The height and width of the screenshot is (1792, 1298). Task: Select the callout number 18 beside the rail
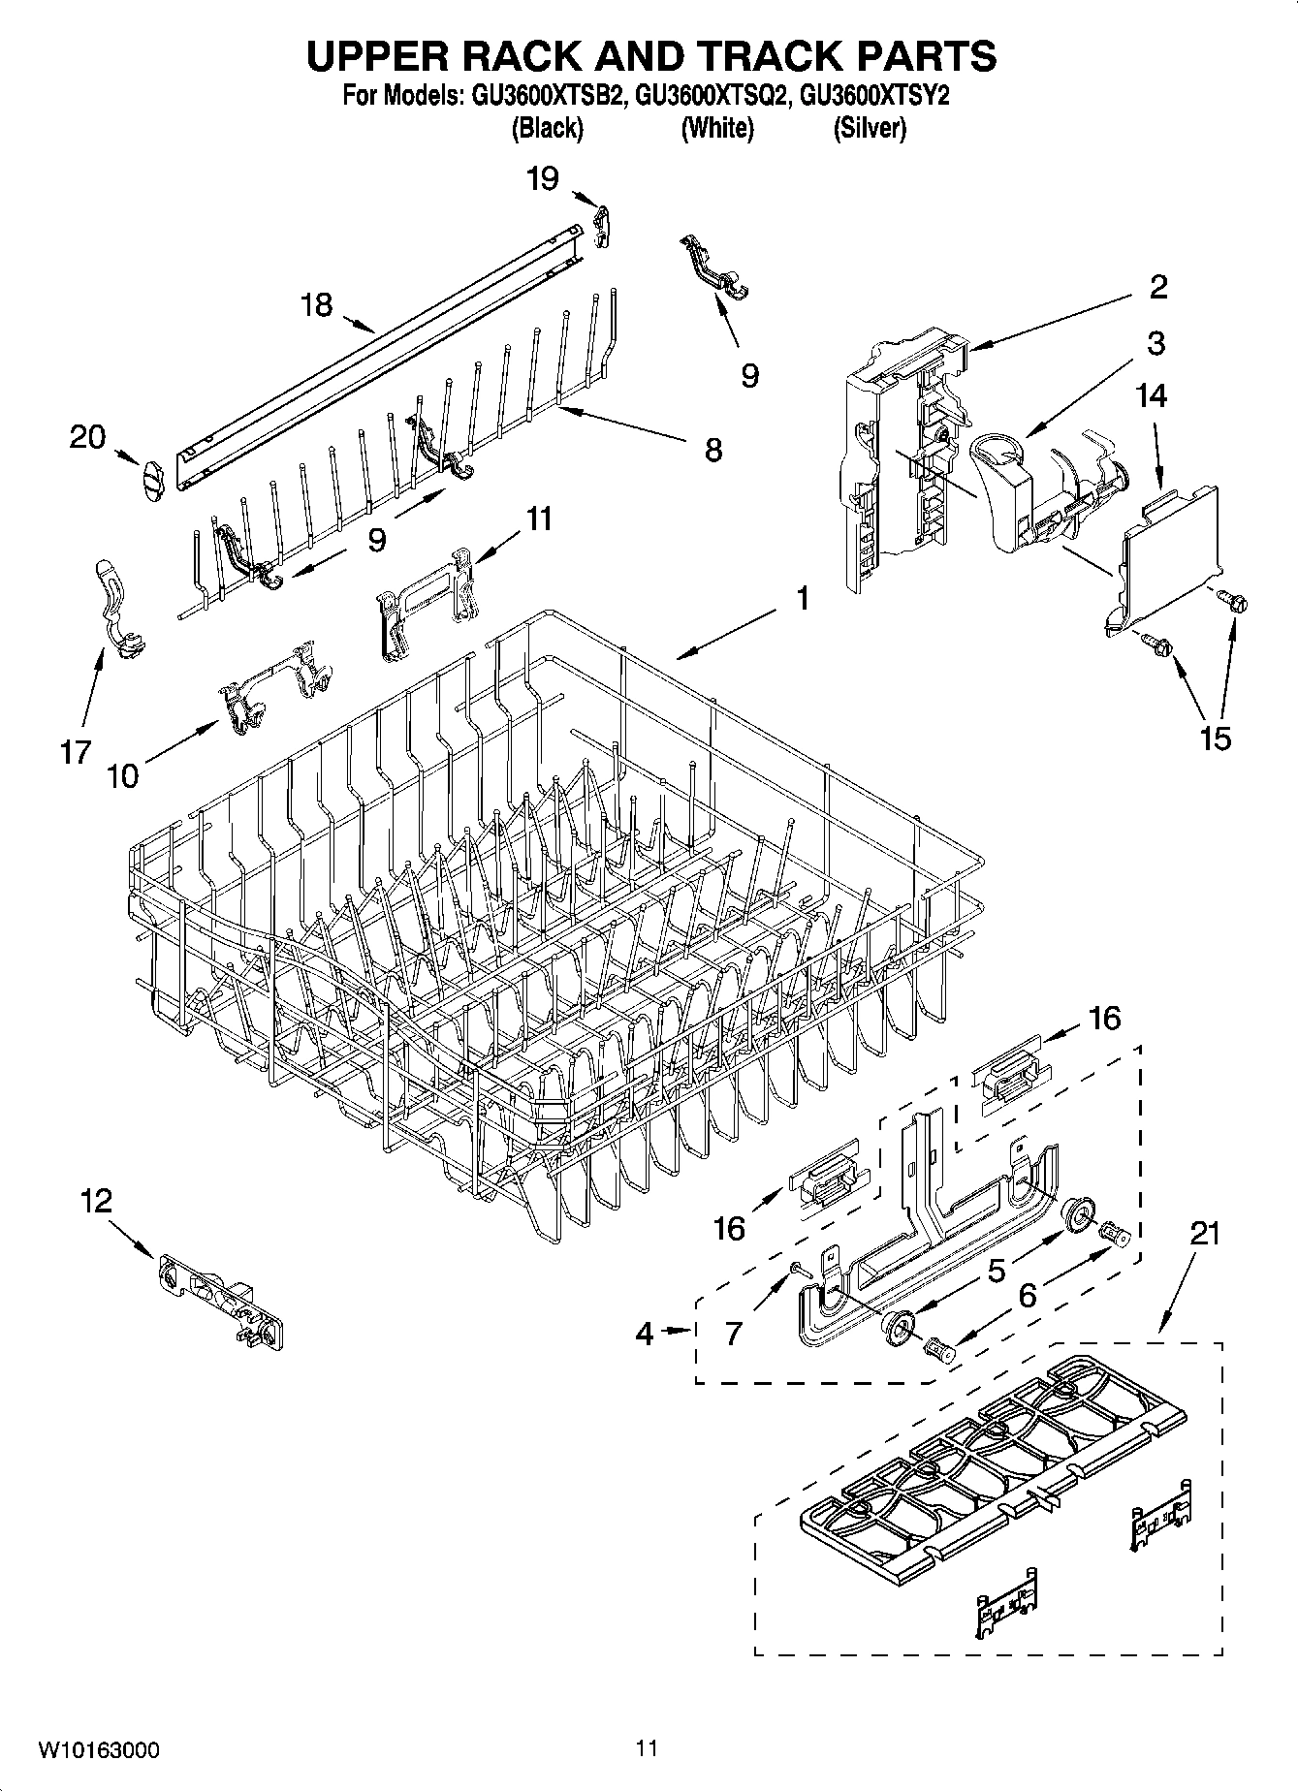[315, 304]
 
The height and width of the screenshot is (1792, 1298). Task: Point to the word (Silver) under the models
[870, 128]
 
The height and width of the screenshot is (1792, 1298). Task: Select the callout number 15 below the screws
[1215, 738]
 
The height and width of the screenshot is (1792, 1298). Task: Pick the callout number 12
[96, 1202]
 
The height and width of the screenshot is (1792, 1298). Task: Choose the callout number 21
[1204, 1234]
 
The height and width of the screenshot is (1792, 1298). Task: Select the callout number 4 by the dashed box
[645, 1334]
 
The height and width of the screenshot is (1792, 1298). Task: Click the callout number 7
[733, 1334]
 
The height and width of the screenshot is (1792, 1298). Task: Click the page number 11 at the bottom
[648, 1748]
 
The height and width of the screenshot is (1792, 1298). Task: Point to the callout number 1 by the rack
[801, 599]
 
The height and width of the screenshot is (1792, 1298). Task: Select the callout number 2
[1157, 287]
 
